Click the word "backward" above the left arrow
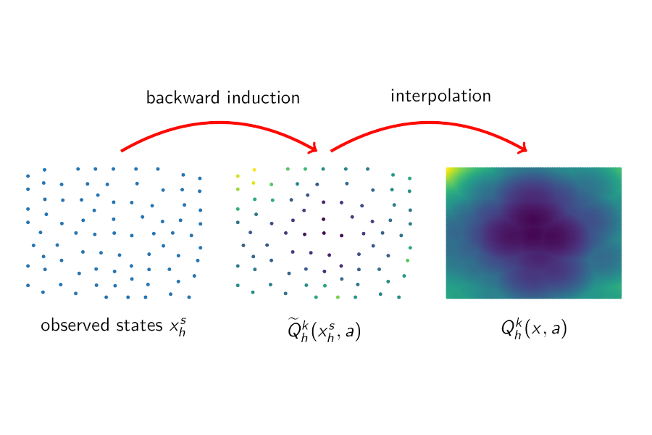point(183,98)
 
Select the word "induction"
point(264,98)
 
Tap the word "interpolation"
point(440,96)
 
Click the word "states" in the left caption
point(139,326)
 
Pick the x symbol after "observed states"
point(177,327)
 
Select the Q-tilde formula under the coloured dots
point(324,330)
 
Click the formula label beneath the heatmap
point(534,328)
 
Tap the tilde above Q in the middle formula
point(294,320)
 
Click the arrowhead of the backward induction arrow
point(313,147)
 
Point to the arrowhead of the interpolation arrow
point(522,147)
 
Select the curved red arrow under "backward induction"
point(219,123)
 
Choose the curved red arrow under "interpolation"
point(429,123)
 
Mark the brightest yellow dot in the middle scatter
point(254,170)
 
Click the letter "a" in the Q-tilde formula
point(350,331)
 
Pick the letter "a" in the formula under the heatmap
point(556,329)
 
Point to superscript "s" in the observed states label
point(183,321)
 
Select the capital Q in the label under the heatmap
point(507,328)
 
